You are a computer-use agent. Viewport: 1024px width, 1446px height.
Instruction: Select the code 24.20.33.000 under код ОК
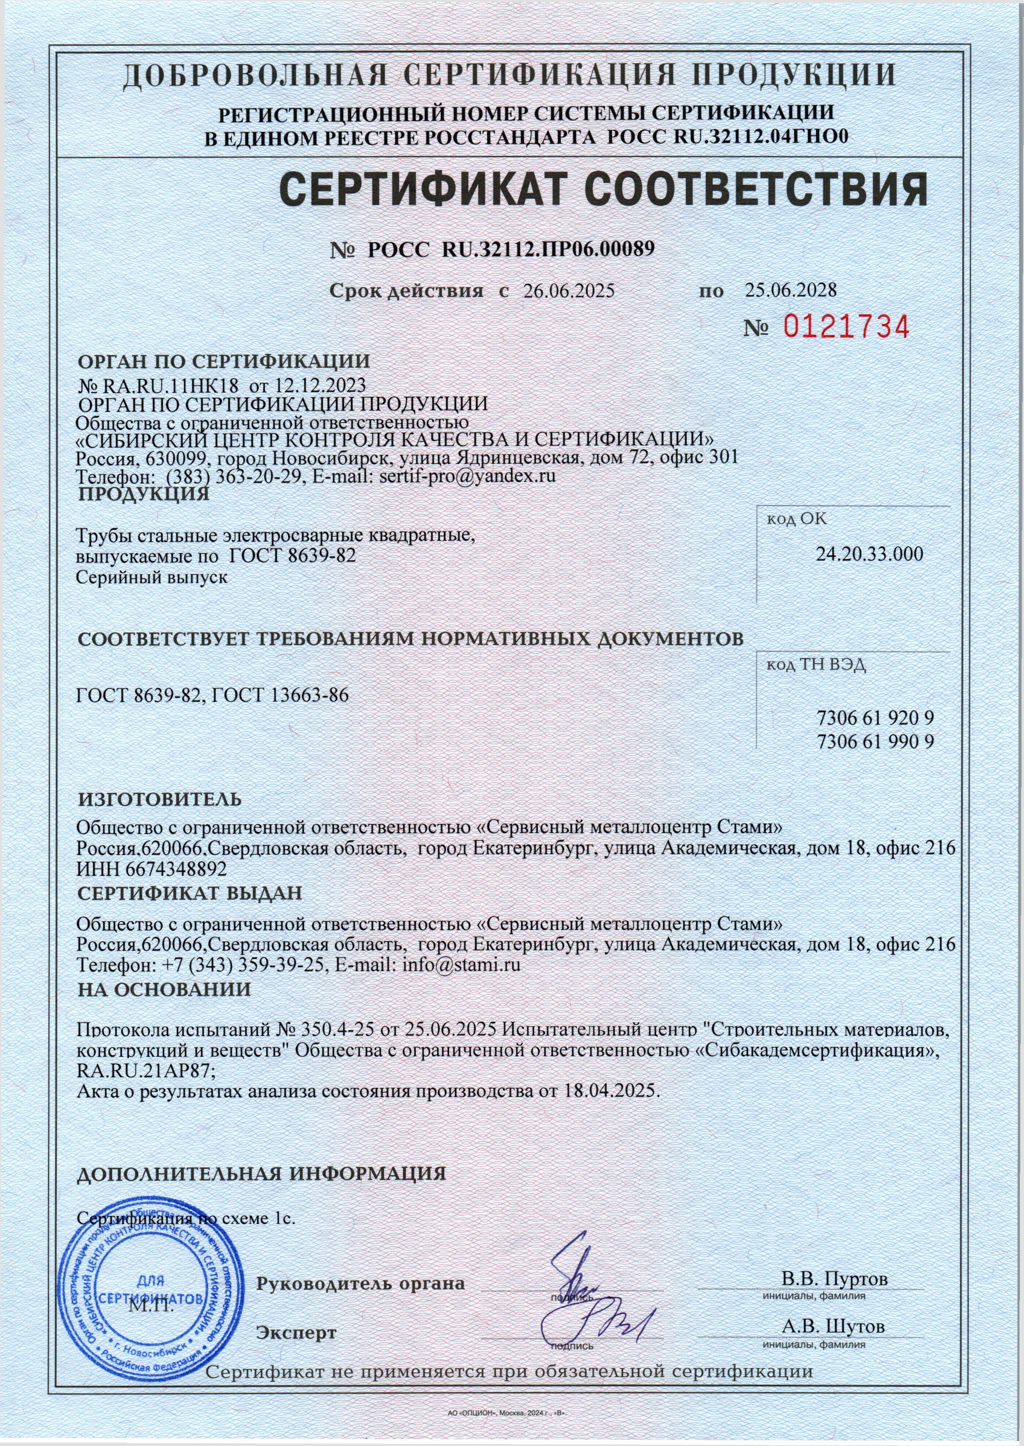[869, 555]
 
